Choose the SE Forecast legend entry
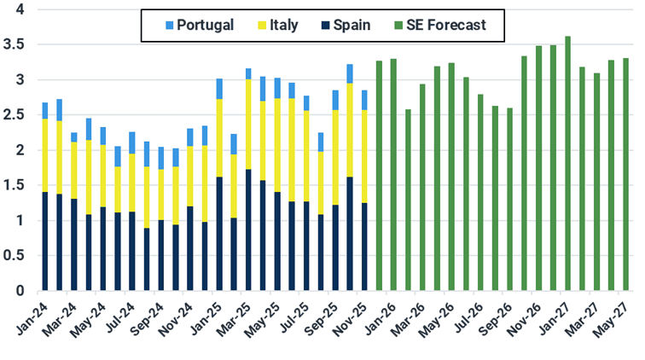[444, 25]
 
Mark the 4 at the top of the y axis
[20, 9]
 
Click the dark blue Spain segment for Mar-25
[248, 230]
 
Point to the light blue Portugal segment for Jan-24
[45, 111]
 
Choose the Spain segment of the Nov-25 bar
[364, 247]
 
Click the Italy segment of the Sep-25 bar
[335, 158]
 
